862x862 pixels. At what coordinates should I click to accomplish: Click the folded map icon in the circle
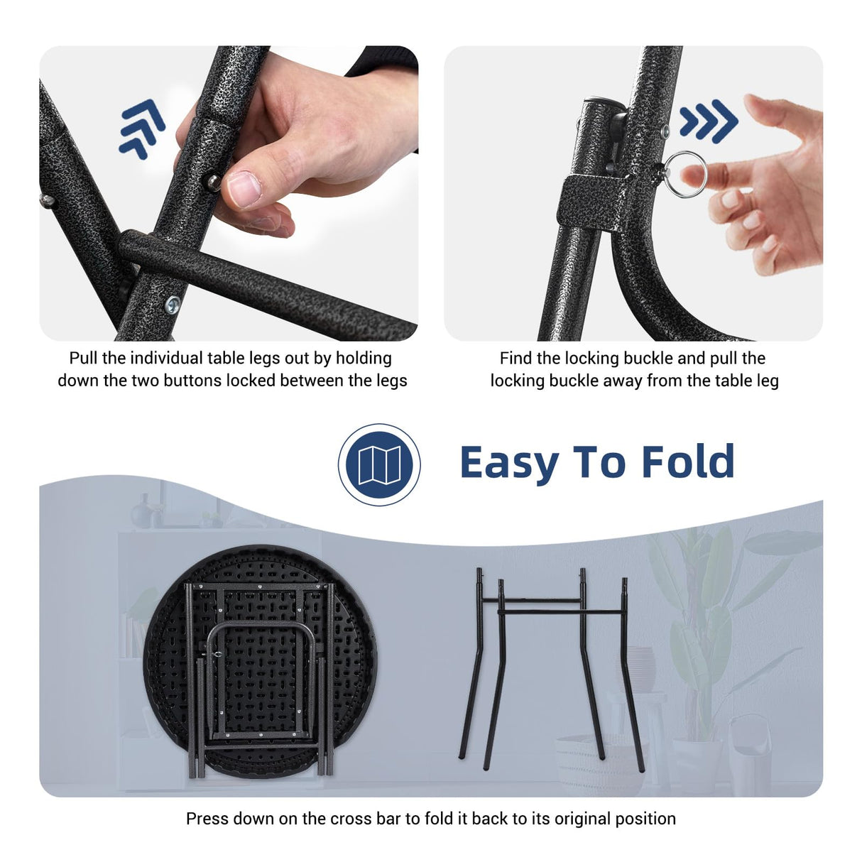(379, 465)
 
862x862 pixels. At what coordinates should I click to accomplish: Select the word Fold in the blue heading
(688, 461)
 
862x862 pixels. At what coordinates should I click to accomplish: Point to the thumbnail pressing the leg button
(243, 190)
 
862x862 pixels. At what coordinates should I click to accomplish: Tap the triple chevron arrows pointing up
(141, 129)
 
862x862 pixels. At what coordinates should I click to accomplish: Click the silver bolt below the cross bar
(173, 305)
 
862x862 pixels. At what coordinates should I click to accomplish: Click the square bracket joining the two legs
(591, 202)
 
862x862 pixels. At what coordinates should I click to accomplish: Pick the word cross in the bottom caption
(352, 819)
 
